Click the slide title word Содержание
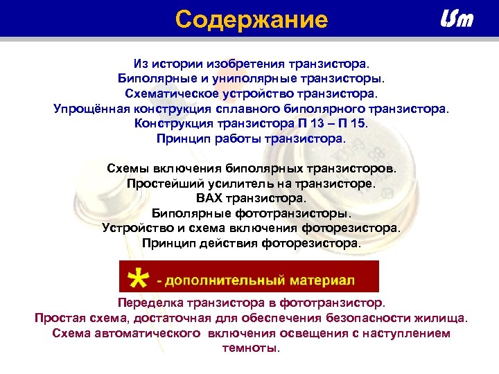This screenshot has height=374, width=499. pyautogui.click(x=251, y=19)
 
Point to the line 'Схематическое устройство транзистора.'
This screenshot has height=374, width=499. pyautogui.click(x=251, y=92)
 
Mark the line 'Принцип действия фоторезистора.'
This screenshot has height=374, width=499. pyautogui.click(x=251, y=243)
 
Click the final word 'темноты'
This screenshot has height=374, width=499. pyautogui.click(x=249, y=348)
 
